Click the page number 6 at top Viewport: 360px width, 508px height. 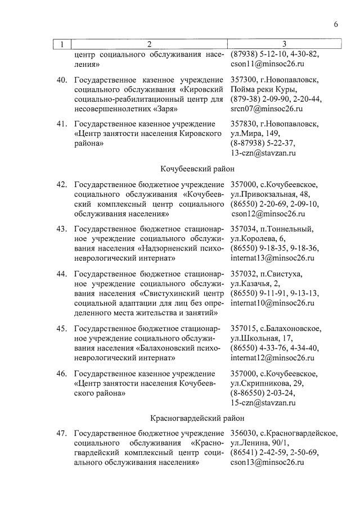pyautogui.click(x=335, y=24)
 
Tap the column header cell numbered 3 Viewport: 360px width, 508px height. pyautogui.click(x=284, y=44)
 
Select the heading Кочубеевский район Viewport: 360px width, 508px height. pyautogui.click(x=197, y=169)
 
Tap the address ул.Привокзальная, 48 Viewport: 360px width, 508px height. pyautogui.click(x=269, y=194)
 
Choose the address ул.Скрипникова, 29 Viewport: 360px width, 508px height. pyautogui.click(x=266, y=383)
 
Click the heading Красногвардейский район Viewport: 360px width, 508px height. pyautogui.click(x=197, y=418)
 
